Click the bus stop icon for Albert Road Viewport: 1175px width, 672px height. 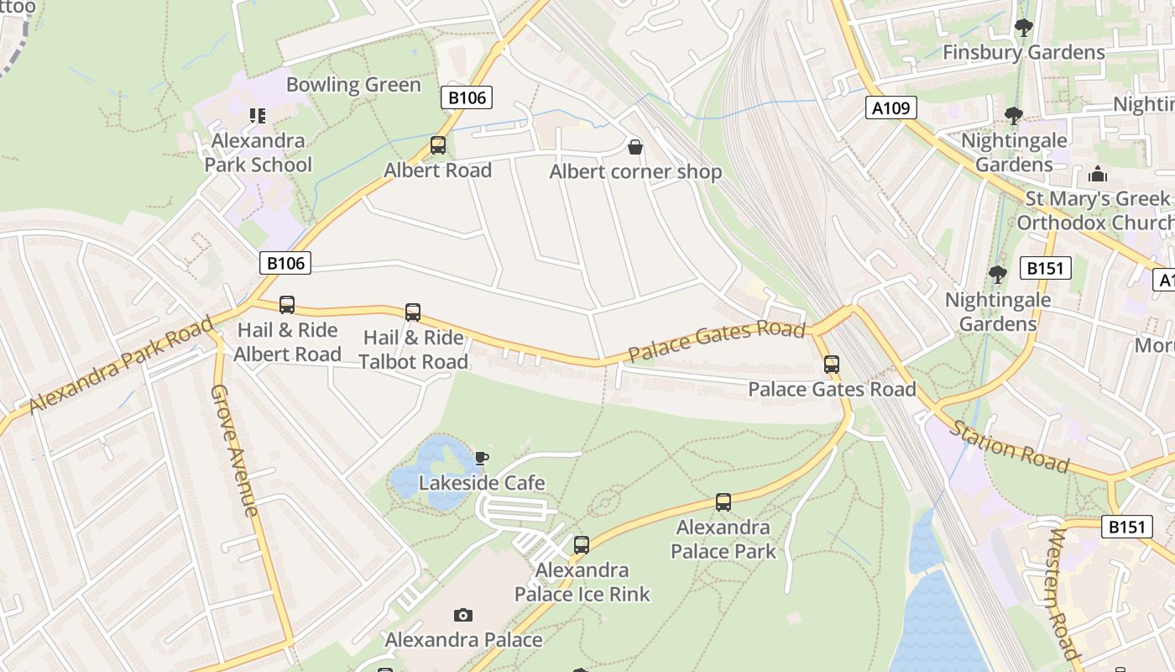tap(437, 145)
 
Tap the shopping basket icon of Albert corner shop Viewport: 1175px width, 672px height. tap(636, 147)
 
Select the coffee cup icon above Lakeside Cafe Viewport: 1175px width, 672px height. tap(481, 458)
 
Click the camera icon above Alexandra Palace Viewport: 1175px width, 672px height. tap(463, 616)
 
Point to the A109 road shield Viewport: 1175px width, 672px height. tap(891, 108)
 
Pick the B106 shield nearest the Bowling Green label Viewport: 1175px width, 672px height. tap(467, 97)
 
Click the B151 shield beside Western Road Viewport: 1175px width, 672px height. tap(1126, 527)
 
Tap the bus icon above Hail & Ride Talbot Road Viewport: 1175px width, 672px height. tap(413, 312)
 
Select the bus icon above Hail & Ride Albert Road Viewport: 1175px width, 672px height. tap(287, 305)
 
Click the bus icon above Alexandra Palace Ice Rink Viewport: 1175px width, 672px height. tap(582, 545)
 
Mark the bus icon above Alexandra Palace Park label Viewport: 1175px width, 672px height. tap(723, 502)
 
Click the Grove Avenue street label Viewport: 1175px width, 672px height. tap(234, 450)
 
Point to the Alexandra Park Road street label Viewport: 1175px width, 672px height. tap(121, 365)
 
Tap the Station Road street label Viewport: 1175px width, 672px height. tap(1010, 446)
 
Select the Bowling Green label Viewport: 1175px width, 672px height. tap(353, 85)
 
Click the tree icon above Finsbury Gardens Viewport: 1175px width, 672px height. tap(1023, 28)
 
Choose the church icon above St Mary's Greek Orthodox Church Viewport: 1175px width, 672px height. tap(1098, 175)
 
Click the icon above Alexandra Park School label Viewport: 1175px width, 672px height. tap(258, 115)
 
